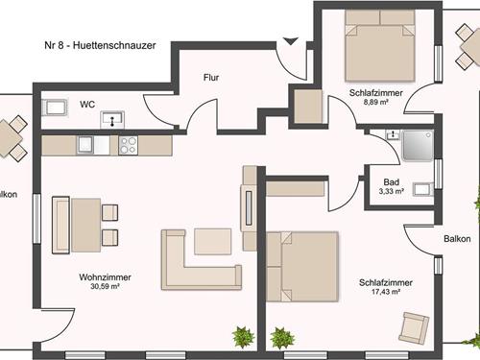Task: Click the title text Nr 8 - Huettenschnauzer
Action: tap(100, 45)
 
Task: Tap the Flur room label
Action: tap(211, 78)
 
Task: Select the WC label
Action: tap(87, 105)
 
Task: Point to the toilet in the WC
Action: tap(55, 108)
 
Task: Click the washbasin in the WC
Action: tap(112, 119)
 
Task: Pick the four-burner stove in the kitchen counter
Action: tap(128, 146)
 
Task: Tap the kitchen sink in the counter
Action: tap(85, 146)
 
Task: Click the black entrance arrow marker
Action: tap(291, 41)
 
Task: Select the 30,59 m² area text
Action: tap(105, 287)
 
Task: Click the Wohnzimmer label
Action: tap(105, 277)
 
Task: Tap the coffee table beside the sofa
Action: tap(213, 242)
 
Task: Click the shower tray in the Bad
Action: tap(418, 146)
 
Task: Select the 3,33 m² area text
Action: tap(391, 192)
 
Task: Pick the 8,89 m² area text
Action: tap(376, 103)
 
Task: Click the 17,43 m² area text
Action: tap(386, 292)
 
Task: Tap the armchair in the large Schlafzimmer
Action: tap(414, 327)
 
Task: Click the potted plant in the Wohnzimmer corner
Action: tap(243, 337)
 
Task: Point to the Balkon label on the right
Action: tap(457, 239)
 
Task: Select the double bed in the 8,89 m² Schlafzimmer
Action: tap(380, 45)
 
